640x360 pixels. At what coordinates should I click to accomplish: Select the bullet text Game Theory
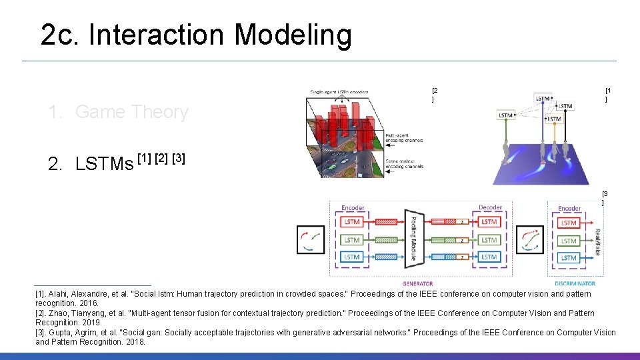click(131, 112)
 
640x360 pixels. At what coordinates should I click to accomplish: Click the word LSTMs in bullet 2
click(104, 163)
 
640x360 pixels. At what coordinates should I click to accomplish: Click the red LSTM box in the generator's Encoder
click(352, 222)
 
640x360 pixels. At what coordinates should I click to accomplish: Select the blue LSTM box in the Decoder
click(489, 257)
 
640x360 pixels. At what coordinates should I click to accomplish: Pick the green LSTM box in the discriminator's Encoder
click(568, 241)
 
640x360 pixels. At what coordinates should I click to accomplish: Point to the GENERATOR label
click(418, 284)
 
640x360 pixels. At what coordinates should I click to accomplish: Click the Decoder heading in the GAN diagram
click(490, 208)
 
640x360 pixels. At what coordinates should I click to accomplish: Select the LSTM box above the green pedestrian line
click(505, 115)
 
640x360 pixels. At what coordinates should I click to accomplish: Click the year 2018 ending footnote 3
click(135, 342)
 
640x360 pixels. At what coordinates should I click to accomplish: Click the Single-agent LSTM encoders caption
click(339, 92)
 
